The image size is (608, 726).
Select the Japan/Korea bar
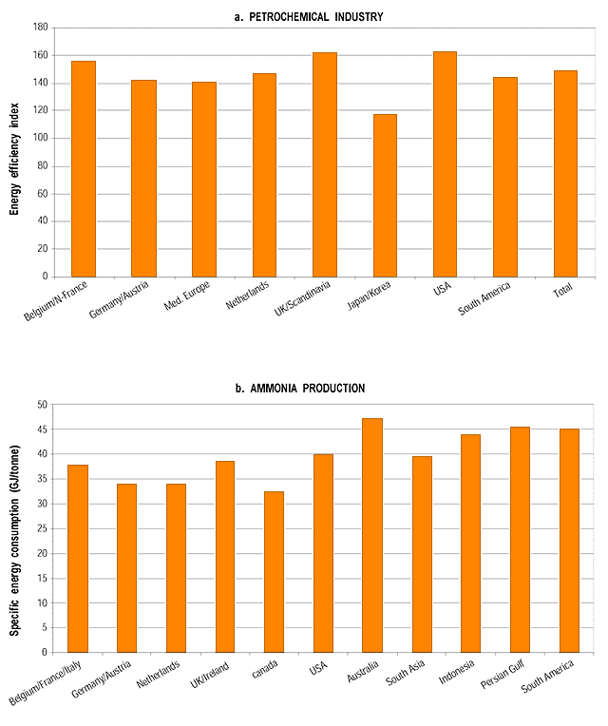[385, 195]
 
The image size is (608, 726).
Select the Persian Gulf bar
[520, 539]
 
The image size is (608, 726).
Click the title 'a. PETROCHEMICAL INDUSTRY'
[303, 16]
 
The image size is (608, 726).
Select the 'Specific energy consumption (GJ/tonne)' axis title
[16, 528]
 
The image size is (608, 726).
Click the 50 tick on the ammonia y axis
[42, 405]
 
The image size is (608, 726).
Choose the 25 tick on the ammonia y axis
[42, 528]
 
